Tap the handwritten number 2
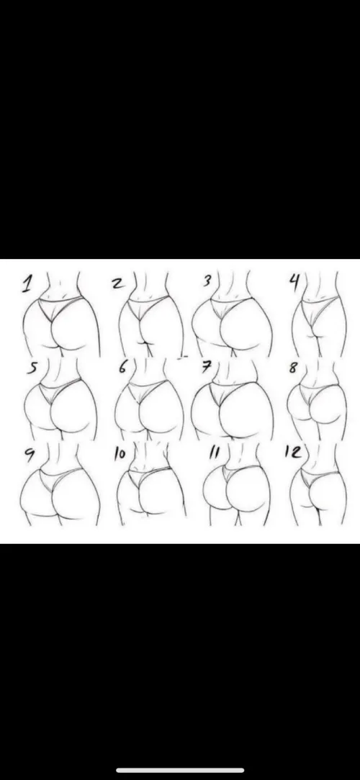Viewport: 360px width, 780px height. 117,283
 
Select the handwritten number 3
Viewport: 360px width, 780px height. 207,281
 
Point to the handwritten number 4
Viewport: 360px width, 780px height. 294,281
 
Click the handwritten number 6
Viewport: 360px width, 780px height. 122,367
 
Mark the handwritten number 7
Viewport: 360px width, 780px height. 206,367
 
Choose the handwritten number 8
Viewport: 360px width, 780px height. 292,367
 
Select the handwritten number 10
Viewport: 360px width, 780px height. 120,454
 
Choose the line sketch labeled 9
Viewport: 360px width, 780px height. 58,493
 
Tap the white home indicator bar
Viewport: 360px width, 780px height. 180,770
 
